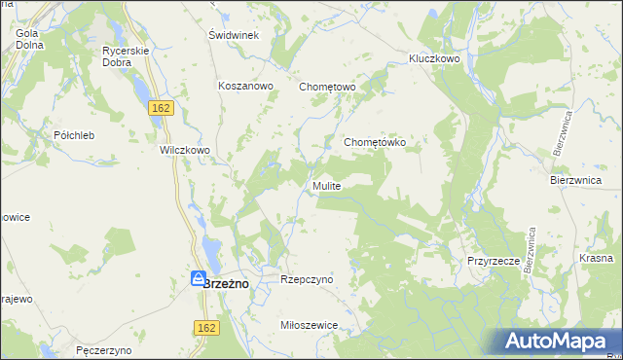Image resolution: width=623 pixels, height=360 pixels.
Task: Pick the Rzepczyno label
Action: [x=307, y=279]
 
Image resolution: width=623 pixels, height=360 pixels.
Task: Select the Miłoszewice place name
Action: [x=308, y=326]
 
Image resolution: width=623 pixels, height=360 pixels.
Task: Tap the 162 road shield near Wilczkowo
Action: [x=162, y=108]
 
